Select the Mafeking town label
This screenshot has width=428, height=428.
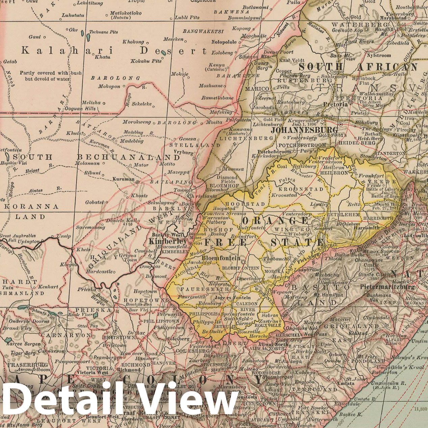[221, 112]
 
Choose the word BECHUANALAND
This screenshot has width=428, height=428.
[129, 157]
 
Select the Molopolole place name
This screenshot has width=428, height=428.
[224, 42]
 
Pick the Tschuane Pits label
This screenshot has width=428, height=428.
[103, 32]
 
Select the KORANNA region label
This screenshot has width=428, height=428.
[30, 207]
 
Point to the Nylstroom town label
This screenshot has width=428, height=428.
[378, 55]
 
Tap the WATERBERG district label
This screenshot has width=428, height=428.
[360, 25]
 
